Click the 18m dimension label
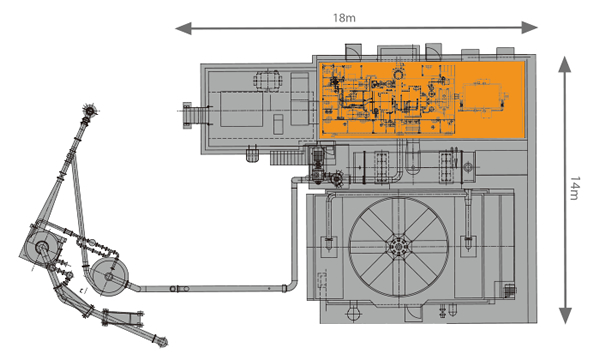[344, 18]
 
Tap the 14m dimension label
[575, 188]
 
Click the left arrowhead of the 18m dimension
[183, 28]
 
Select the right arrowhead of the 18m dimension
[530, 28]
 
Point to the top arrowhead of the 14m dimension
[564, 64]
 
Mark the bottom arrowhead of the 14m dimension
[565, 316]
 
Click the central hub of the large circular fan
[398, 247]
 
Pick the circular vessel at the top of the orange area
[398, 74]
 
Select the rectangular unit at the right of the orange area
[482, 98]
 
